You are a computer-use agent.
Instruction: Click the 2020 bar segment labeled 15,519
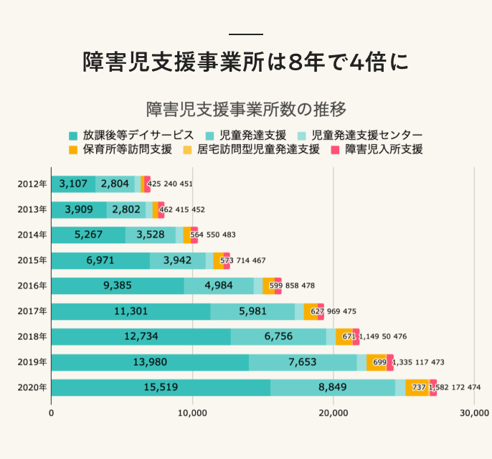[161, 387]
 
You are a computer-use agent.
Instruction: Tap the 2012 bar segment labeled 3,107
[73, 184]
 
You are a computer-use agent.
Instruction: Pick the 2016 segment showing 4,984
[219, 285]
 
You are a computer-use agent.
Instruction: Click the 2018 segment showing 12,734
[141, 336]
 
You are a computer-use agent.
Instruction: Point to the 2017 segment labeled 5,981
[252, 311]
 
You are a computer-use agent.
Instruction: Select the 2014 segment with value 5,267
[89, 235]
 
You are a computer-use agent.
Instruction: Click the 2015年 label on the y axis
[32, 260]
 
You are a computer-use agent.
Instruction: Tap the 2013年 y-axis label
[32, 209]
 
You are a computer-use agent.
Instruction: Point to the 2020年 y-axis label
[32, 387]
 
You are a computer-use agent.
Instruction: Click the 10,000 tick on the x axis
[192, 413]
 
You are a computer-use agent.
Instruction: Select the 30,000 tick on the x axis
[474, 413]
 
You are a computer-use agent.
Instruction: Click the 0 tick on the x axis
[52, 413]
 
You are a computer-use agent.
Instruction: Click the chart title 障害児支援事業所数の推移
[246, 109]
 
